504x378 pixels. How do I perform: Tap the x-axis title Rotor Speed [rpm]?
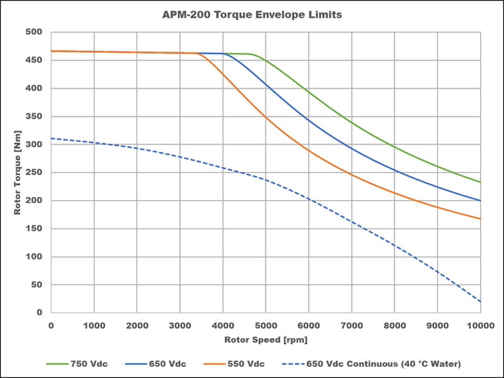(x=265, y=340)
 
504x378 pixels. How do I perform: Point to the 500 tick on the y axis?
(x=35, y=32)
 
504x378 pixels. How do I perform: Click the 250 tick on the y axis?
(x=35, y=173)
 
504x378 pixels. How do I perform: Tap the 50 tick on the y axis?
(x=37, y=285)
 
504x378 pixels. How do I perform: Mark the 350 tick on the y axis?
(x=35, y=117)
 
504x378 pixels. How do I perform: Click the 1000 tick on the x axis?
(x=94, y=324)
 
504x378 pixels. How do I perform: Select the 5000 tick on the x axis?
(x=266, y=324)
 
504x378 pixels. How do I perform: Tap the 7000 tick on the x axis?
(x=352, y=324)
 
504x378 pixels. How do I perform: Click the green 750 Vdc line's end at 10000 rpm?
(x=481, y=182)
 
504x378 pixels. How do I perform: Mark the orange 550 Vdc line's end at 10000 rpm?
(x=481, y=219)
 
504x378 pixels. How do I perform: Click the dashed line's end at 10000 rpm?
(x=481, y=302)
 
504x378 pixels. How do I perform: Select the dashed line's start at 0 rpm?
(x=51, y=138)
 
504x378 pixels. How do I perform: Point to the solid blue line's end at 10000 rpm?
(x=481, y=200)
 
